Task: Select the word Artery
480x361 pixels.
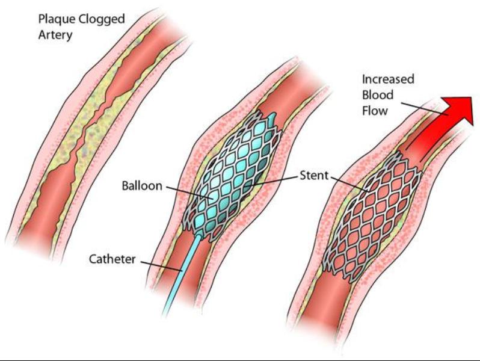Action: click(x=55, y=35)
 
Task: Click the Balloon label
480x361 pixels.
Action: click(x=142, y=185)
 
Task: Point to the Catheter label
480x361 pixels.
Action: click(x=112, y=259)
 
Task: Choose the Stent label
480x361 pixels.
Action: click(x=314, y=176)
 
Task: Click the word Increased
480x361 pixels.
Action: click(x=388, y=79)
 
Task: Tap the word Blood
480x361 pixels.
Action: click(x=378, y=95)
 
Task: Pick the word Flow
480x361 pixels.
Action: click(x=375, y=111)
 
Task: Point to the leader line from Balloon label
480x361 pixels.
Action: click(x=190, y=193)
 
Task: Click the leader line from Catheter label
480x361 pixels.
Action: click(x=161, y=266)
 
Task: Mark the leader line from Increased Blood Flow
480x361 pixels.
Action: click(x=424, y=109)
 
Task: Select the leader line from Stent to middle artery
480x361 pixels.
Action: click(x=271, y=181)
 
